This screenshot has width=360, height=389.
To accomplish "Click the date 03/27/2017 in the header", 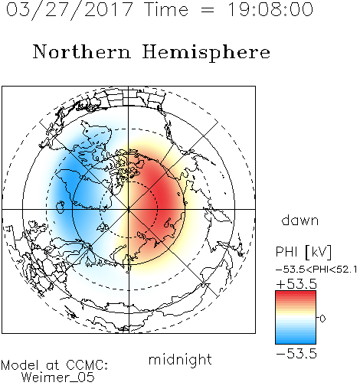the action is [70, 10].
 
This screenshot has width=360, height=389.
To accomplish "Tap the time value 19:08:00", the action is [270, 10].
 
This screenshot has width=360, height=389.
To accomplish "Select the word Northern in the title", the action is [82, 51].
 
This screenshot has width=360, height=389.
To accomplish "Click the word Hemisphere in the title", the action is [206, 53].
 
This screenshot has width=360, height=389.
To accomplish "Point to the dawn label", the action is [300, 220].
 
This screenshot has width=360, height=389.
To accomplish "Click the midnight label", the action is [180, 359].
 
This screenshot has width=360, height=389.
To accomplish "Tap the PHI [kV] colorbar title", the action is [303, 252].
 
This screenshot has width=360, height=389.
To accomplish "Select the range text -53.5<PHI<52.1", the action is [316, 270].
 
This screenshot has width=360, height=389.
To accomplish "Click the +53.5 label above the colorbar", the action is [296, 284].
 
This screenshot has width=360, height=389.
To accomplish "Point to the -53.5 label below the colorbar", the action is [296, 354].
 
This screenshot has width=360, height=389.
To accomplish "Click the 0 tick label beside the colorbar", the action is [322, 319].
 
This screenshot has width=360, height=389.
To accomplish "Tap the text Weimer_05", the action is [58, 378].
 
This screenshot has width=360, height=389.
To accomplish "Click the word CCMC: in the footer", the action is [87, 365].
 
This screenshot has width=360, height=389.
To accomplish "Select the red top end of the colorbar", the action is [296, 293].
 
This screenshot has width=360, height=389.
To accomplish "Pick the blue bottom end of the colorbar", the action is [296, 342].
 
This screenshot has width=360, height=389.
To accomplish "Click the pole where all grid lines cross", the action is [129, 209].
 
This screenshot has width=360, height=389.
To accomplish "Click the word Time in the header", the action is [166, 10].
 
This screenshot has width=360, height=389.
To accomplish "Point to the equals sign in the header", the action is [208, 10].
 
